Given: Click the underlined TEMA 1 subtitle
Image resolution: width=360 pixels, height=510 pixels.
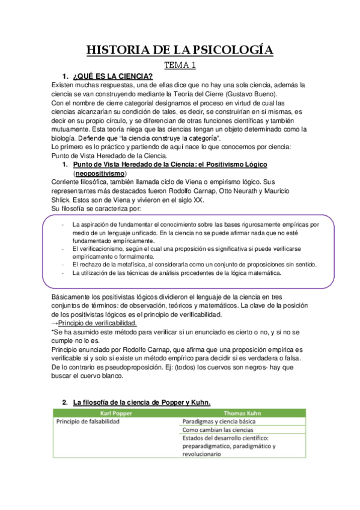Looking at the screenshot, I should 180,64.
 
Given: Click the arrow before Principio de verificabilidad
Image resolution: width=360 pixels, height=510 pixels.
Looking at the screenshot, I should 55,324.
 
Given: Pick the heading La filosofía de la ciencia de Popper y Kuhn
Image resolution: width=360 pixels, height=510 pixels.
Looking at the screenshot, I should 142,401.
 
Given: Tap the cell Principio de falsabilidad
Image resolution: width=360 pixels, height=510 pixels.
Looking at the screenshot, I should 88,422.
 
